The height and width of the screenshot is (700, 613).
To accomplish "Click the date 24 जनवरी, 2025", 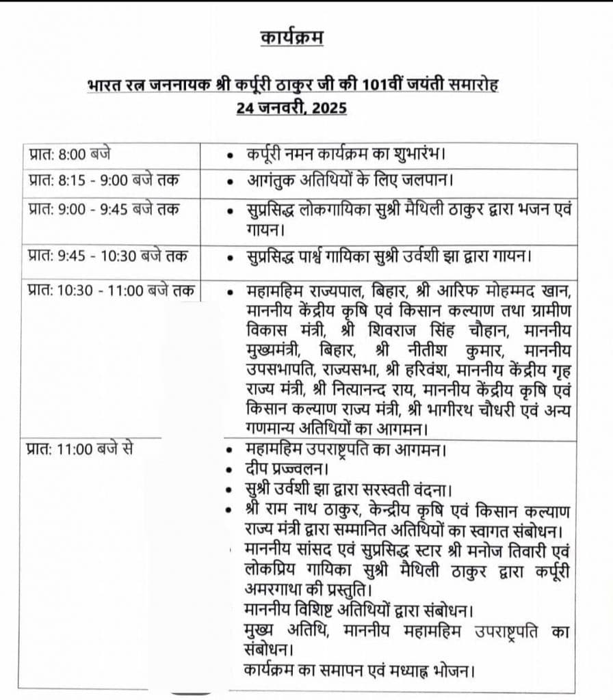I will point(292,108).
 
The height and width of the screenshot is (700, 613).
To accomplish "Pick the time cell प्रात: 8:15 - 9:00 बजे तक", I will point(103,181).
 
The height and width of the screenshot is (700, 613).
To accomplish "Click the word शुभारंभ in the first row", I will point(427,155).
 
